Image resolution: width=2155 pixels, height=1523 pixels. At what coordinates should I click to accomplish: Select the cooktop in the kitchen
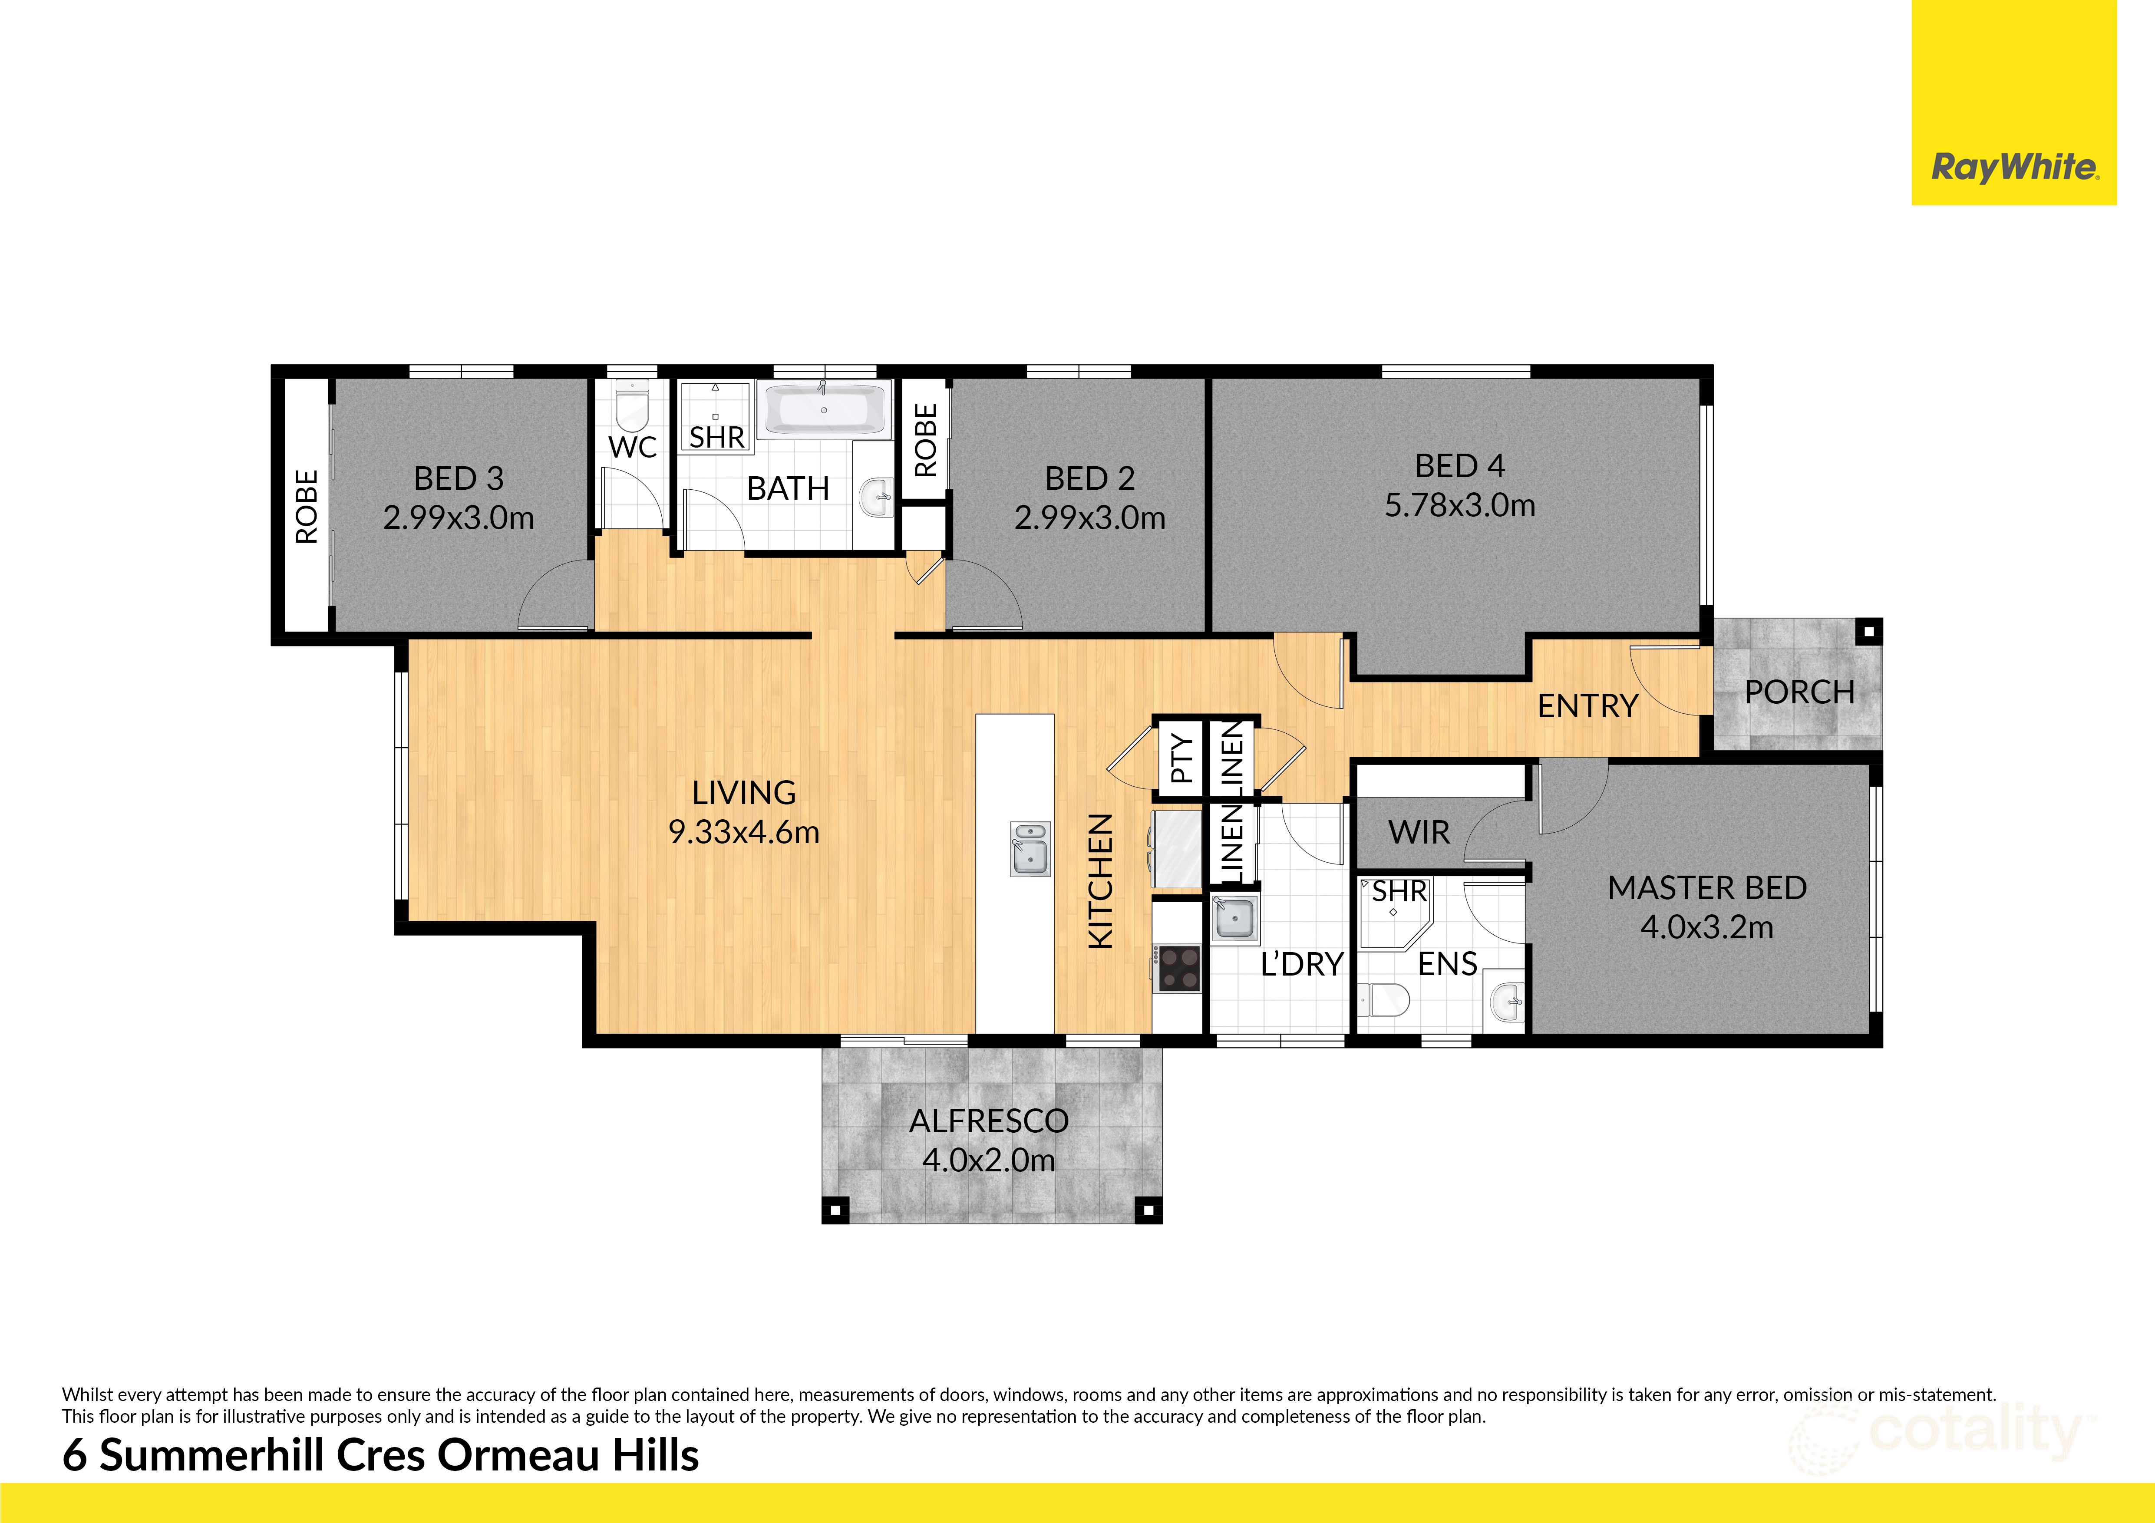pyautogui.click(x=1178, y=969)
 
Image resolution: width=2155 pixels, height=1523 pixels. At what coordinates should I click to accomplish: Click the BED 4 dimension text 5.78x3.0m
pyautogui.click(x=1459, y=506)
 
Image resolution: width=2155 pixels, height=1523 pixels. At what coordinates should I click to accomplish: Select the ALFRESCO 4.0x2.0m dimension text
pyautogui.click(x=988, y=1161)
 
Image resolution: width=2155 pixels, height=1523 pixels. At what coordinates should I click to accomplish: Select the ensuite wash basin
pyautogui.click(x=1506, y=1003)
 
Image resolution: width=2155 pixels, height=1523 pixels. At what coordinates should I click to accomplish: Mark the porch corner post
pyautogui.click(x=1869, y=632)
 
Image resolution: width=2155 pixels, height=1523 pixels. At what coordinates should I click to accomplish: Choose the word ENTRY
pyautogui.click(x=1587, y=705)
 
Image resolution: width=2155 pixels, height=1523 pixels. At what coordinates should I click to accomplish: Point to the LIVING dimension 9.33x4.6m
pyautogui.click(x=743, y=832)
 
